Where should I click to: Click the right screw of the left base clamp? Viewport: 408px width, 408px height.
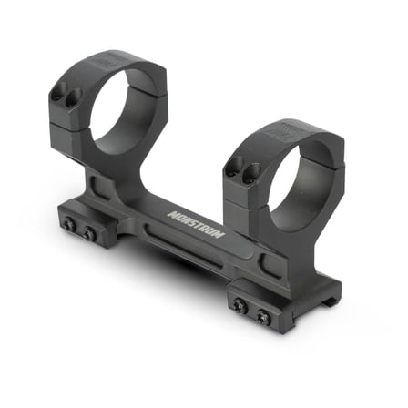89,234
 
